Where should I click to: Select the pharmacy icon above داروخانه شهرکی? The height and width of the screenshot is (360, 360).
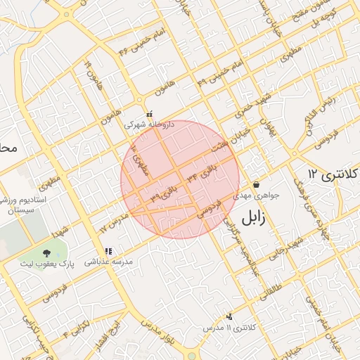[149, 114]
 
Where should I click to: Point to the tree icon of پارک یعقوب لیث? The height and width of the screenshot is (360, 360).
[47, 252]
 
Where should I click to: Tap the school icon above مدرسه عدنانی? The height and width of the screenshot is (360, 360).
[108, 251]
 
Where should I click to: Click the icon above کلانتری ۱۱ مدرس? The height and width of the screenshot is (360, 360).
[229, 316]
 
